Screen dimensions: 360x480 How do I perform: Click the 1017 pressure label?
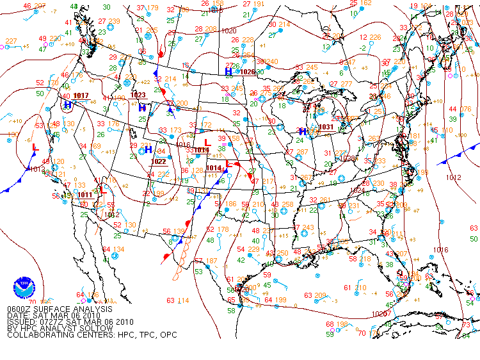[x=81, y=95]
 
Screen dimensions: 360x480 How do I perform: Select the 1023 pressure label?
[x=138, y=95]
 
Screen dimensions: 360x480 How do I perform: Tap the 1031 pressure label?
[x=326, y=127]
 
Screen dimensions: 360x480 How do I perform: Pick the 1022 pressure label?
[x=159, y=161]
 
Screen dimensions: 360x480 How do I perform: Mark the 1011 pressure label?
[x=85, y=195]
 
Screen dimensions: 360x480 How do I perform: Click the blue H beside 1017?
[x=67, y=105]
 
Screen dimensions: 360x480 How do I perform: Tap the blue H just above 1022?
[x=148, y=150]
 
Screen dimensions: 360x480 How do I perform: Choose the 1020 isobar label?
[x=228, y=31]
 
